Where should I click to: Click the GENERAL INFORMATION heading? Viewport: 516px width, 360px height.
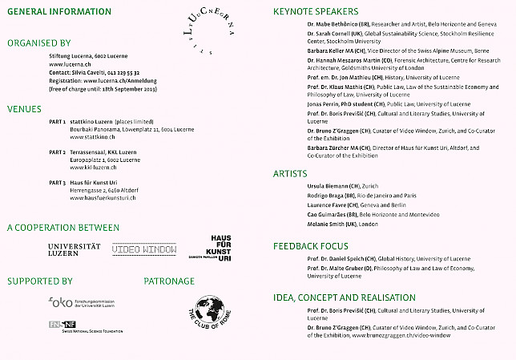(x=59, y=12)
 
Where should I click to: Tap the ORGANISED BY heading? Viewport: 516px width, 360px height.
(x=38, y=42)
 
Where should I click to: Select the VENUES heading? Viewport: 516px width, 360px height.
(x=24, y=107)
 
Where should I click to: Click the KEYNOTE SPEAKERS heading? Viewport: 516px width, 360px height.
(x=318, y=12)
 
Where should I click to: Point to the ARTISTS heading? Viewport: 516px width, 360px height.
(x=290, y=173)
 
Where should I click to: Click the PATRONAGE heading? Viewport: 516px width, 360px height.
(x=169, y=281)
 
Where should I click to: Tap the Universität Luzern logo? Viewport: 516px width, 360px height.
(x=75, y=249)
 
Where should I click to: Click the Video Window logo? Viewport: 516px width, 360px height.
(x=144, y=250)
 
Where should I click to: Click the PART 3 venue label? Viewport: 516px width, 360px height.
(x=57, y=182)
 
